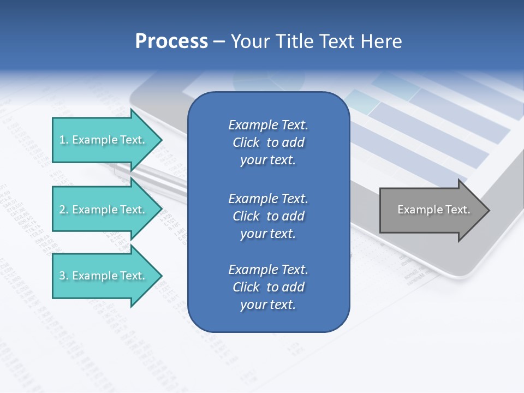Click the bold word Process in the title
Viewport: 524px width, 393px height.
171,41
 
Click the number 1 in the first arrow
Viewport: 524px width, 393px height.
62,140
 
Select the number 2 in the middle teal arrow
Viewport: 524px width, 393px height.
62,210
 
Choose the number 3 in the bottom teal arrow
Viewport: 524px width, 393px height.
62,276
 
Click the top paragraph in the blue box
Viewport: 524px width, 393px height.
268,142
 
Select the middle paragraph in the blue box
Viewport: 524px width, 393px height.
268,216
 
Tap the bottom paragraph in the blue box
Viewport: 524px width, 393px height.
268,287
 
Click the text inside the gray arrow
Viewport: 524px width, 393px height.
433,210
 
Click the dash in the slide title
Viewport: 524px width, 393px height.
219,41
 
